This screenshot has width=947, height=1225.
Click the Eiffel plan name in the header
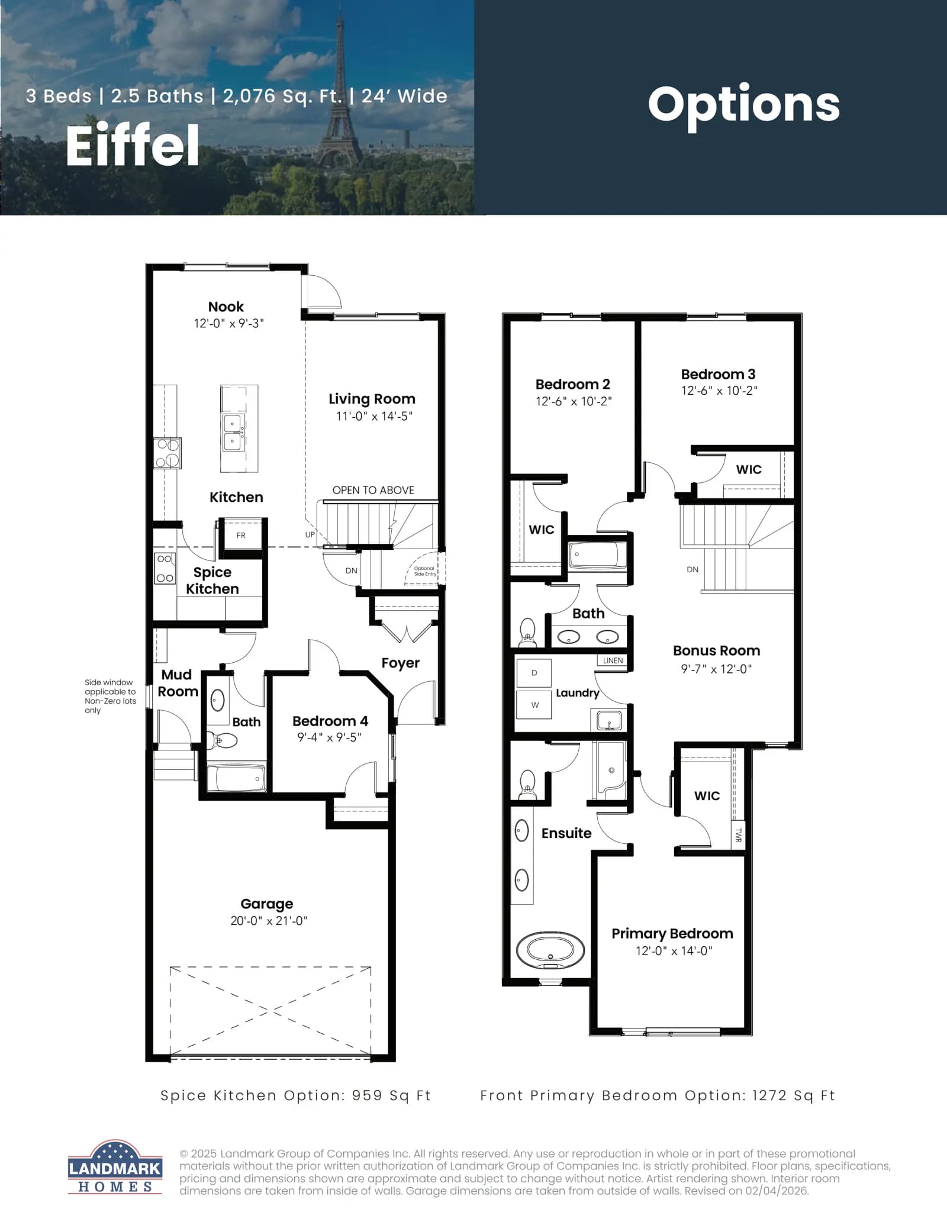click(x=133, y=145)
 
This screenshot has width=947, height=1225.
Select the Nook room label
click(x=226, y=307)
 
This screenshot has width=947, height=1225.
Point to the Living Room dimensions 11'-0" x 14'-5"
click(x=374, y=416)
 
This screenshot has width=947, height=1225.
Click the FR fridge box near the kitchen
click(x=241, y=535)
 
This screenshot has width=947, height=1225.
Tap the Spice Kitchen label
click(x=212, y=581)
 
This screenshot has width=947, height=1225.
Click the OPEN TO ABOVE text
click(x=373, y=490)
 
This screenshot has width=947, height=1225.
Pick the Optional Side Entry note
click(x=425, y=571)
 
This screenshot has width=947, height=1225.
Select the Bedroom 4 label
click(x=330, y=721)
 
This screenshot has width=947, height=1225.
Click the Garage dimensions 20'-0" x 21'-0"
click(x=269, y=921)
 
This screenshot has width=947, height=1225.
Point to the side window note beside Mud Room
click(x=110, y=696)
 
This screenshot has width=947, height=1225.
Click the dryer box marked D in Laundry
click(x=534, y=673)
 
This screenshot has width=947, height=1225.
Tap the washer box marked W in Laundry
click(x=534, y=705)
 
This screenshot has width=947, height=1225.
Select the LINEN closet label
click(x=613, y=660)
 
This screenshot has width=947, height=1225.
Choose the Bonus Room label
click(x=717, y=650)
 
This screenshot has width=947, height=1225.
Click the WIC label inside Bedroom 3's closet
click(x=749, y=469)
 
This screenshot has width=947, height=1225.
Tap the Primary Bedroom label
click(x=672, y=933)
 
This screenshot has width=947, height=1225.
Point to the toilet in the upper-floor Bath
click(x=527, y=631)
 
